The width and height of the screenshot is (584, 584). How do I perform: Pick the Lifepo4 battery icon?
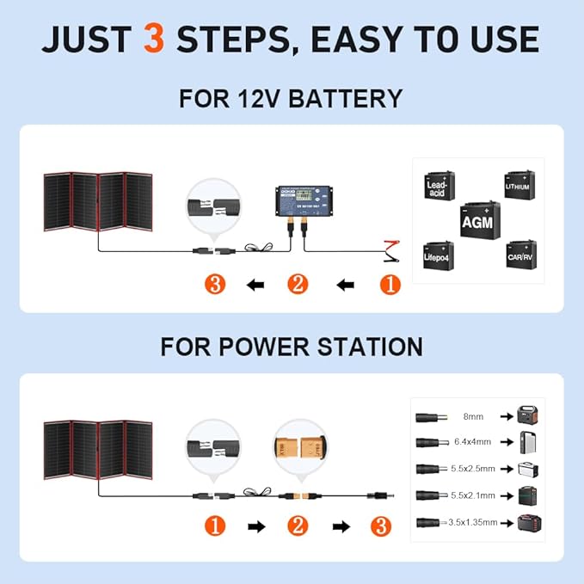point(438,256)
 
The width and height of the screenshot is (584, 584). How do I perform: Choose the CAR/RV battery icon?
point(520,255)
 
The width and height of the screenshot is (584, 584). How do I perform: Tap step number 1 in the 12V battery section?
point(390,285)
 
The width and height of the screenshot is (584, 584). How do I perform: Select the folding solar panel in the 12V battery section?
point(98,202)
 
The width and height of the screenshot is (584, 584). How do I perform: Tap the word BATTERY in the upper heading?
point(345,98)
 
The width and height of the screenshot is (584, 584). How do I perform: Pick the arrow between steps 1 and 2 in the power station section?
point(255,525)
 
